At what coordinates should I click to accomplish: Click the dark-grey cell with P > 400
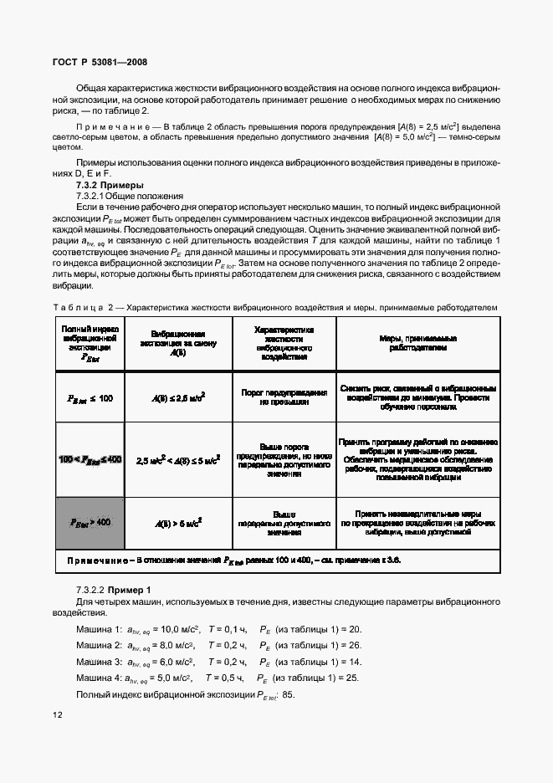pos(90,522)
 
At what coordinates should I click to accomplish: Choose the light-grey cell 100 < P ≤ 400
pos(90,459)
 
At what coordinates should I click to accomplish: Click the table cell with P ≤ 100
pos(90,397)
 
